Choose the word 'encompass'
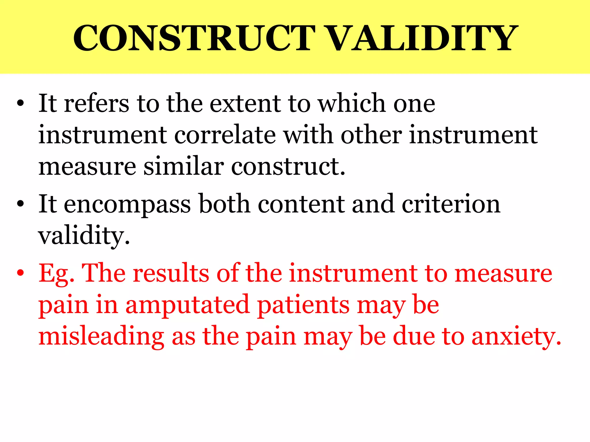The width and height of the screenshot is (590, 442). point(127,204)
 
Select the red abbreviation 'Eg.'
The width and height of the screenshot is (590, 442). point(56,273)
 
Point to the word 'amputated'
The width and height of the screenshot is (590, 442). point(187,305)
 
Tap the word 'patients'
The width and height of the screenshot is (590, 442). point(303,305)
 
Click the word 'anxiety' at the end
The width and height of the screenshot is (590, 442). point(516,337)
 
